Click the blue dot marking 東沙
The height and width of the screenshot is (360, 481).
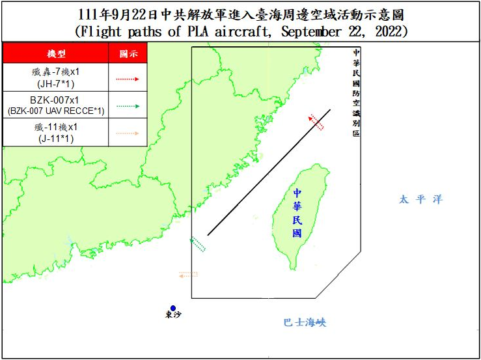tap(173, 308)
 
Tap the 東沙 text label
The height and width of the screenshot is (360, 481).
tap(173, 316)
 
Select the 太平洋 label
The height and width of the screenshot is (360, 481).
tap(420, 200)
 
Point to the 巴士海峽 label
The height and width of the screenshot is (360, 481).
tap(304, 322)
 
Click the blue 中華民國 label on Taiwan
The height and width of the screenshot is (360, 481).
tap(297, 213)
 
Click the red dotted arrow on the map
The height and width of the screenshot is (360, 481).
tap(316, 122)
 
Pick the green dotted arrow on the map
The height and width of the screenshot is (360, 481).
tap(197, 245)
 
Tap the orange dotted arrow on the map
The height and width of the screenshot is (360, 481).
tap(188, 275)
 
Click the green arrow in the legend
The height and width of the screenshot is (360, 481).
tap(128, 105)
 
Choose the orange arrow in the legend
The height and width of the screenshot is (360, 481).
tap(128, 133)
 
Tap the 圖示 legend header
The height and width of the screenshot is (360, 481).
tap(128, 53)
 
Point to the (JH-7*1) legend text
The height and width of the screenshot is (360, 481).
tap(55, 85)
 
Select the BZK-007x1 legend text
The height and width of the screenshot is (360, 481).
tap(56, 100)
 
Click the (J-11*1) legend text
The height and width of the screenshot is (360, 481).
tap(55, 139)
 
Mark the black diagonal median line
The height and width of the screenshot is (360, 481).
tap(269, 173)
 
